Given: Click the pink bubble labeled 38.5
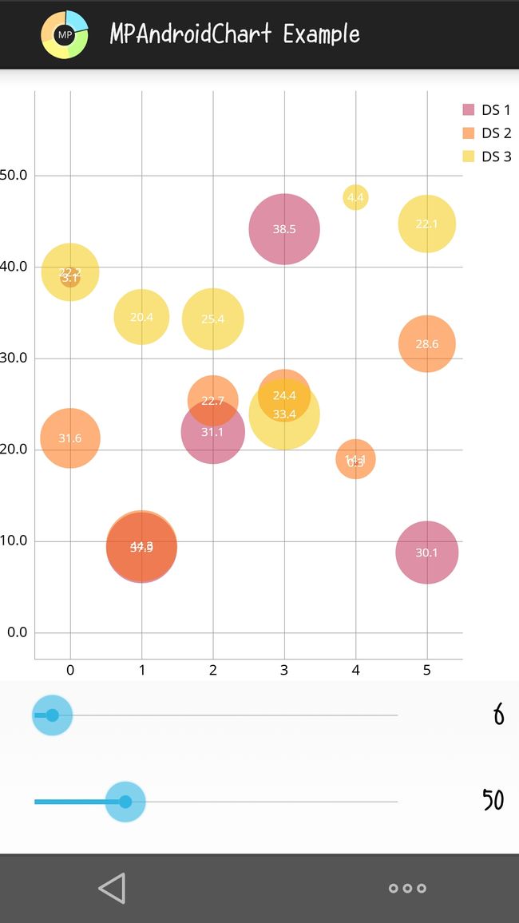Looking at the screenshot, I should pyautogui.click(x=284, y=229).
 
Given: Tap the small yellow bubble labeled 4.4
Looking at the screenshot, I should pyautogui.click(x=355, y=197).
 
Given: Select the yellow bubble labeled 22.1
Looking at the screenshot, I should pyautogui.click(x=427, y=224).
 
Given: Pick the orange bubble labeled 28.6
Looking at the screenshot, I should pyautogui.click(x=427, y=344).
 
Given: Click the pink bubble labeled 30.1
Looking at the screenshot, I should pyautogui.click(x=427, y=553).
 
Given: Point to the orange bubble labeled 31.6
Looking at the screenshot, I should pyautogui.click(x=70, y=438).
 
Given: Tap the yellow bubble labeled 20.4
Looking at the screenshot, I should pyautogui.click(x=141, y=317).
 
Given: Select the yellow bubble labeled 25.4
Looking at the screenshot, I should pyautogui.click(x=212, y=319).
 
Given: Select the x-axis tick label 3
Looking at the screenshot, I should pyautogui.click(x=284, y=670).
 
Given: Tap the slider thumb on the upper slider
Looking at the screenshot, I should pyautogui.click(x=52, y=715).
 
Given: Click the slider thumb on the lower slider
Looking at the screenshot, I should pyautogui.click(x=125, y=802).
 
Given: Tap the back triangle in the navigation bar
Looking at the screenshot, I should pyautogui.click(x=112, y=888).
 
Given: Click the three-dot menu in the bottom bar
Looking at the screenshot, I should pyautogui.click(x=407, y=888).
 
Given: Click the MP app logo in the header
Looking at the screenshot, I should pyautogui.click(x=65, y=34).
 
